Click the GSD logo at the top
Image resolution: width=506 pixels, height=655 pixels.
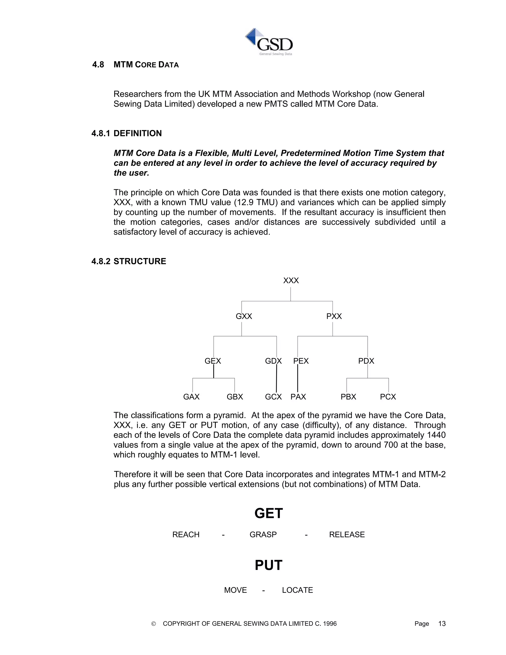click(269, 42)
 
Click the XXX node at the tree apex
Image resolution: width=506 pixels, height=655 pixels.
click(291, 281)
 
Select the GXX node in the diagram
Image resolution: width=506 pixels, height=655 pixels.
click(244, 316)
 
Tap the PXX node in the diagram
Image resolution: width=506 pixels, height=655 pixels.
click(334, 316)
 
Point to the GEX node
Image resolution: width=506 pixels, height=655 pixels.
click(212, 361)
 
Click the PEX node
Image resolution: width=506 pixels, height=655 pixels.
click(301, 361)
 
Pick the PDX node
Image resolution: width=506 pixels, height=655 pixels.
click(366, 361)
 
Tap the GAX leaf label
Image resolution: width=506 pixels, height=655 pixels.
click(191, 397)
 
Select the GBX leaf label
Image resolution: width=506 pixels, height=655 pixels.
click(235, 397)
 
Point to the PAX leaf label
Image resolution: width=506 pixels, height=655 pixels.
click(298, 397)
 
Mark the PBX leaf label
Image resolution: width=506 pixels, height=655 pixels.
click(348, 397)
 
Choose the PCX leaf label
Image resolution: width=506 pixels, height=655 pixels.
click(388, 397)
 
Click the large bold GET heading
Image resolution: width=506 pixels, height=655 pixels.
click(269, 513)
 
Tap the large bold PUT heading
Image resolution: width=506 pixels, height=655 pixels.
click(269, 565)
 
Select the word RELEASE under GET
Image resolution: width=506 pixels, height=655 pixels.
click(347, 535)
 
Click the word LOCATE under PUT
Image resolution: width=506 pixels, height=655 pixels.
click(297, 590)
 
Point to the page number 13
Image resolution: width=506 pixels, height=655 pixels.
click(442, 624)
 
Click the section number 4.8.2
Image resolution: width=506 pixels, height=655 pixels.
click(101, 261)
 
